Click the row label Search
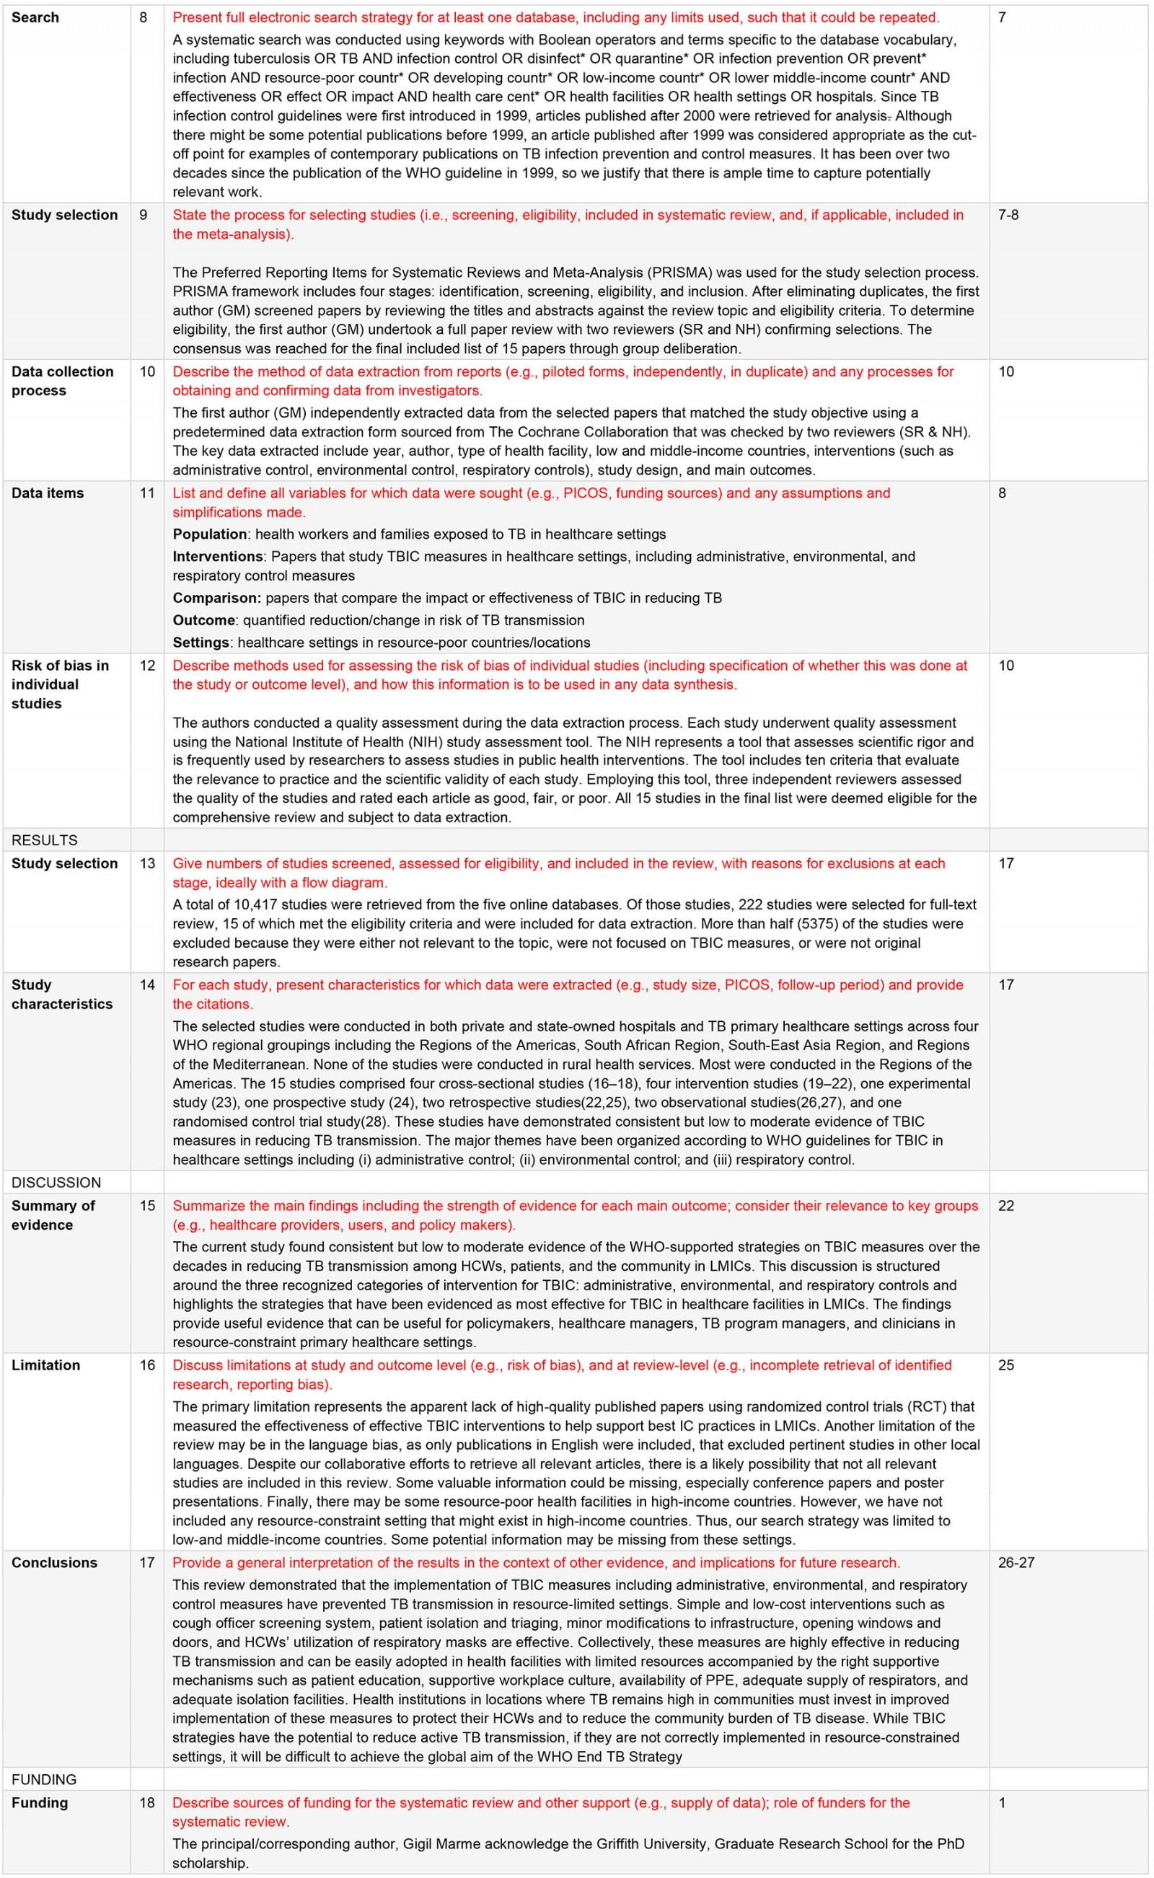[x=35, y=17]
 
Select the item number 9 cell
[x=144, y=215]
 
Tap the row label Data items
[x=48, y=493]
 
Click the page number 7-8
[x=1008, y=215]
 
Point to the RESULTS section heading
[x=44, y=840]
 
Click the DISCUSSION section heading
[x=56, y=1182]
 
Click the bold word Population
[x=210, y=534]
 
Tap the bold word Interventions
[x=218, y=556]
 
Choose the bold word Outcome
[x=203, y=620]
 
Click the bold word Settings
[x=201, y=643]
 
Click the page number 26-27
[x=1016, y=1562]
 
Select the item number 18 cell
[x=147, y=1802]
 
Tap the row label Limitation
[x=45, y=1365]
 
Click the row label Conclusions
[x=54, y=1562]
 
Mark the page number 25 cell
[x=1006, y=1365]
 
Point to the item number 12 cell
[x=147, y=666]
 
